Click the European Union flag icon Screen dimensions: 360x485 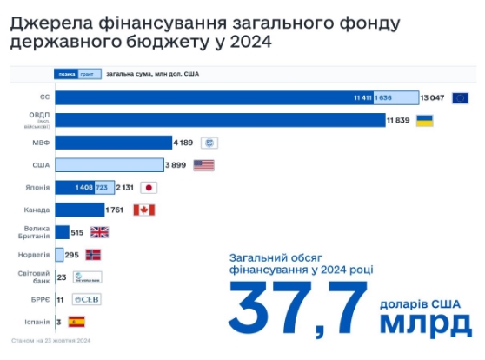460,97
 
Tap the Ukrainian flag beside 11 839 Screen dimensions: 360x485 425,120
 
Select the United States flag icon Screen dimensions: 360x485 203,164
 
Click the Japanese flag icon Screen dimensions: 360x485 149,187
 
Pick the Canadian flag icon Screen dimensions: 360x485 144,210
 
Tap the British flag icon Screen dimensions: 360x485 100,232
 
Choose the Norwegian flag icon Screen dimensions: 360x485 92,255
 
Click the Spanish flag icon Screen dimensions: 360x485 76,322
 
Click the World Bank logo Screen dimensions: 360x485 87,277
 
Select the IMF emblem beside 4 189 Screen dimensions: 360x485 209,142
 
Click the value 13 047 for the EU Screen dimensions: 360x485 433,97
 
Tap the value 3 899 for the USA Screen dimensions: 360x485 176,164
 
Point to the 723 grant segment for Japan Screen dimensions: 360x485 102,187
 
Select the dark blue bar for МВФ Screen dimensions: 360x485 113,142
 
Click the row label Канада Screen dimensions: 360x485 37,210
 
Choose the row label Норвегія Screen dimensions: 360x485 34,255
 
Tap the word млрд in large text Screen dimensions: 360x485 425,323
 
